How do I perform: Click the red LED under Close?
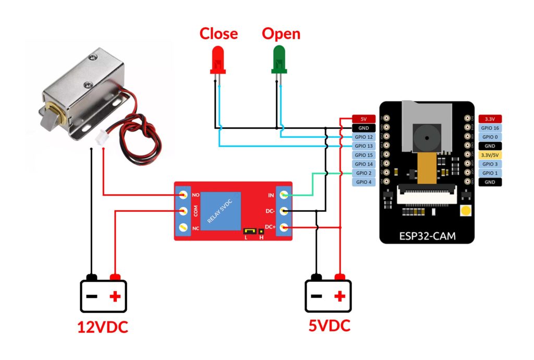(217, 58)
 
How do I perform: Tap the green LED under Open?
(279, 58)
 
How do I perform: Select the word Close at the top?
(219, 34)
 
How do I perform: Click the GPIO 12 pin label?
(363, 137)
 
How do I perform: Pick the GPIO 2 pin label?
(363, 173)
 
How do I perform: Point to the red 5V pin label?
(363, 119)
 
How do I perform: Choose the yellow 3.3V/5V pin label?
(490, 155)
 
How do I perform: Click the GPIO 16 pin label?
(490, 128)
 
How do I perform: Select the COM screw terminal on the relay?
(183, 211)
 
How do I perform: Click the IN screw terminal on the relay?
(284, 195)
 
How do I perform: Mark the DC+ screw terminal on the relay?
(284, 227)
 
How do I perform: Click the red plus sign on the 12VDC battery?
(115, 297)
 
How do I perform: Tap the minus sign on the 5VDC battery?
(317, 296)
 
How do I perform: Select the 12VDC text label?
(102, 327)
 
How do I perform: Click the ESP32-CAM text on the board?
(427, 236)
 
